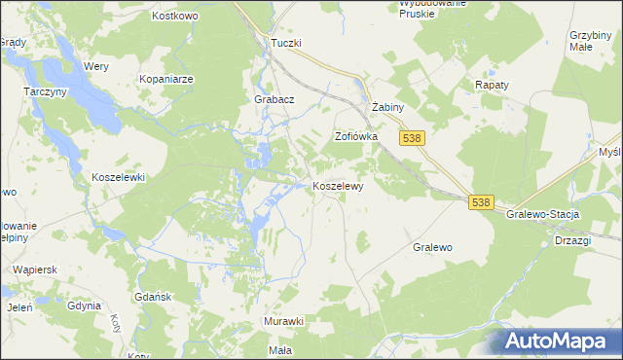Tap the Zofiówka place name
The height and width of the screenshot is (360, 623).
click(x=355, y=137)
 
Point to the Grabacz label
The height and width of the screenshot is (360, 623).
click(x=274, y=99)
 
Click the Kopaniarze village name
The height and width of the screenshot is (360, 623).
click(x=166, y=78)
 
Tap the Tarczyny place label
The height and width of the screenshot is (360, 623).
click(x=44, y=90)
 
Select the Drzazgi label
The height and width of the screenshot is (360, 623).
click(x=574, y=240)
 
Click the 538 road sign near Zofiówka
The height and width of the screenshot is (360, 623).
click(x=412, y=139)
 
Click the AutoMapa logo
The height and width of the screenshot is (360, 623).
click(x=562, y=341)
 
